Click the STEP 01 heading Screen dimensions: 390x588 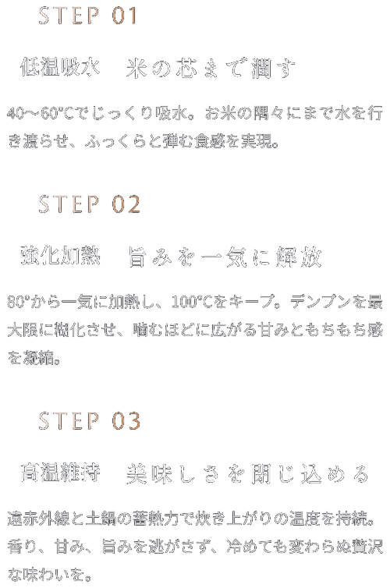click(88, 16)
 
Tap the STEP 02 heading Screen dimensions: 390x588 click(90, 204)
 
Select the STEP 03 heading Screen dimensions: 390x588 click(90, 421)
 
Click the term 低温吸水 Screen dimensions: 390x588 click(60, 67)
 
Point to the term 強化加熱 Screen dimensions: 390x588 click(60, 256)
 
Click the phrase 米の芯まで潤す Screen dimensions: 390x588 click(211, 69)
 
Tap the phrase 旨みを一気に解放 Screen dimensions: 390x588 click(225, 257)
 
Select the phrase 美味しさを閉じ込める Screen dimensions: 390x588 click(247, 473)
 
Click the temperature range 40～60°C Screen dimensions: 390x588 click(41, 113)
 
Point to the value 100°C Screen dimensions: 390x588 click(193, 302)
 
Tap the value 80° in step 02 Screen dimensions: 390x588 click(18, 302)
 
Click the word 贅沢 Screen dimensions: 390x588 click(367, 547)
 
